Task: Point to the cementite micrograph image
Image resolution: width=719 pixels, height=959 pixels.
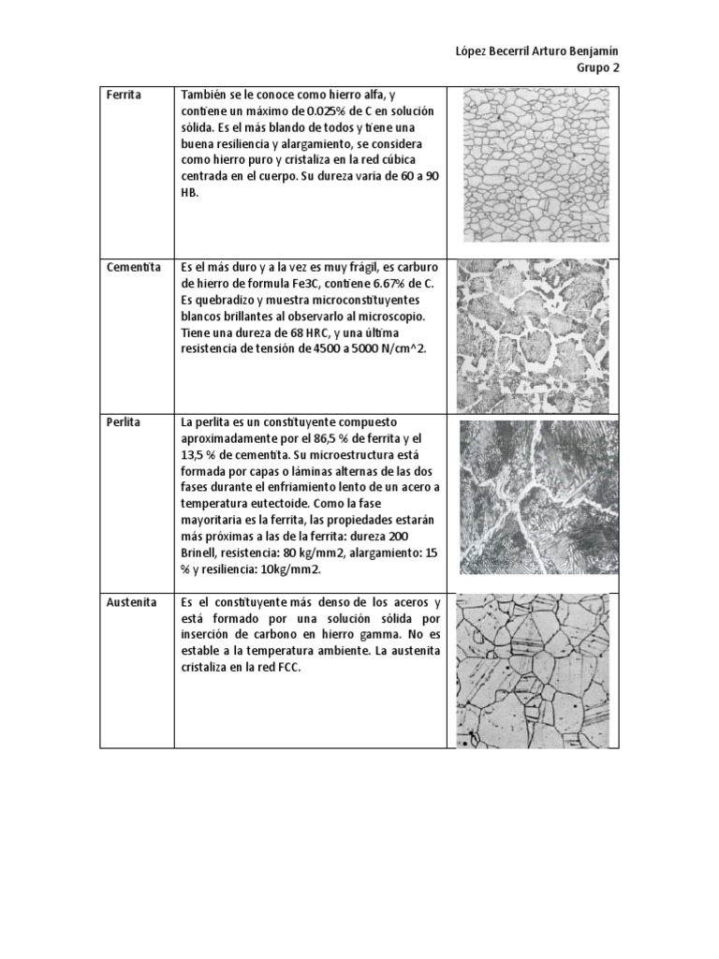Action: [532, 335]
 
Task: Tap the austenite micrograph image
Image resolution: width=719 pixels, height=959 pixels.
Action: [532, 671]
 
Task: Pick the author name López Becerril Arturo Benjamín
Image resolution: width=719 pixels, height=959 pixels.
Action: [535, 50]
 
